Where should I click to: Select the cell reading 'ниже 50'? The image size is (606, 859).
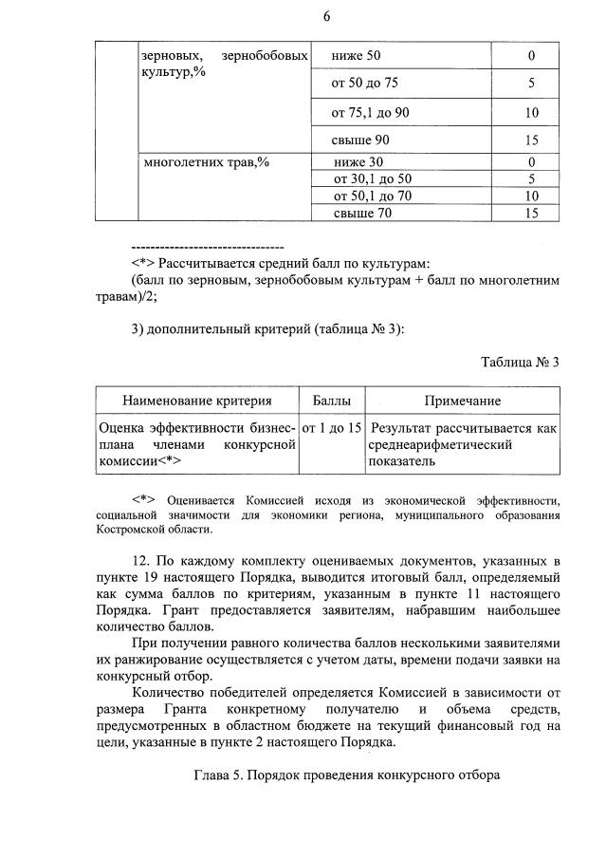357,57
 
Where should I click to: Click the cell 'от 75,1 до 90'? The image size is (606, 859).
370,113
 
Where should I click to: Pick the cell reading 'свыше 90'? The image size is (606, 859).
360,140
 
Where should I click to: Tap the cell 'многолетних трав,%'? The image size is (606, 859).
206,161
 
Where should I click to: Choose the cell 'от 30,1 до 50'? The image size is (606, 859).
373,178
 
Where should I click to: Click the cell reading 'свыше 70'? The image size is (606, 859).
361,214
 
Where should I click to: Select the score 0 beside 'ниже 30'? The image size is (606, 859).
531,161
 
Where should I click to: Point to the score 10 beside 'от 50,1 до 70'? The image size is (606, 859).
531,196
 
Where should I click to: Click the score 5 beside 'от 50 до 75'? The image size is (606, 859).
531,84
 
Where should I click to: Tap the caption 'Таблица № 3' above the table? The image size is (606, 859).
520,362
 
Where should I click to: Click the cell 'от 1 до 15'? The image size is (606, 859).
331,428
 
